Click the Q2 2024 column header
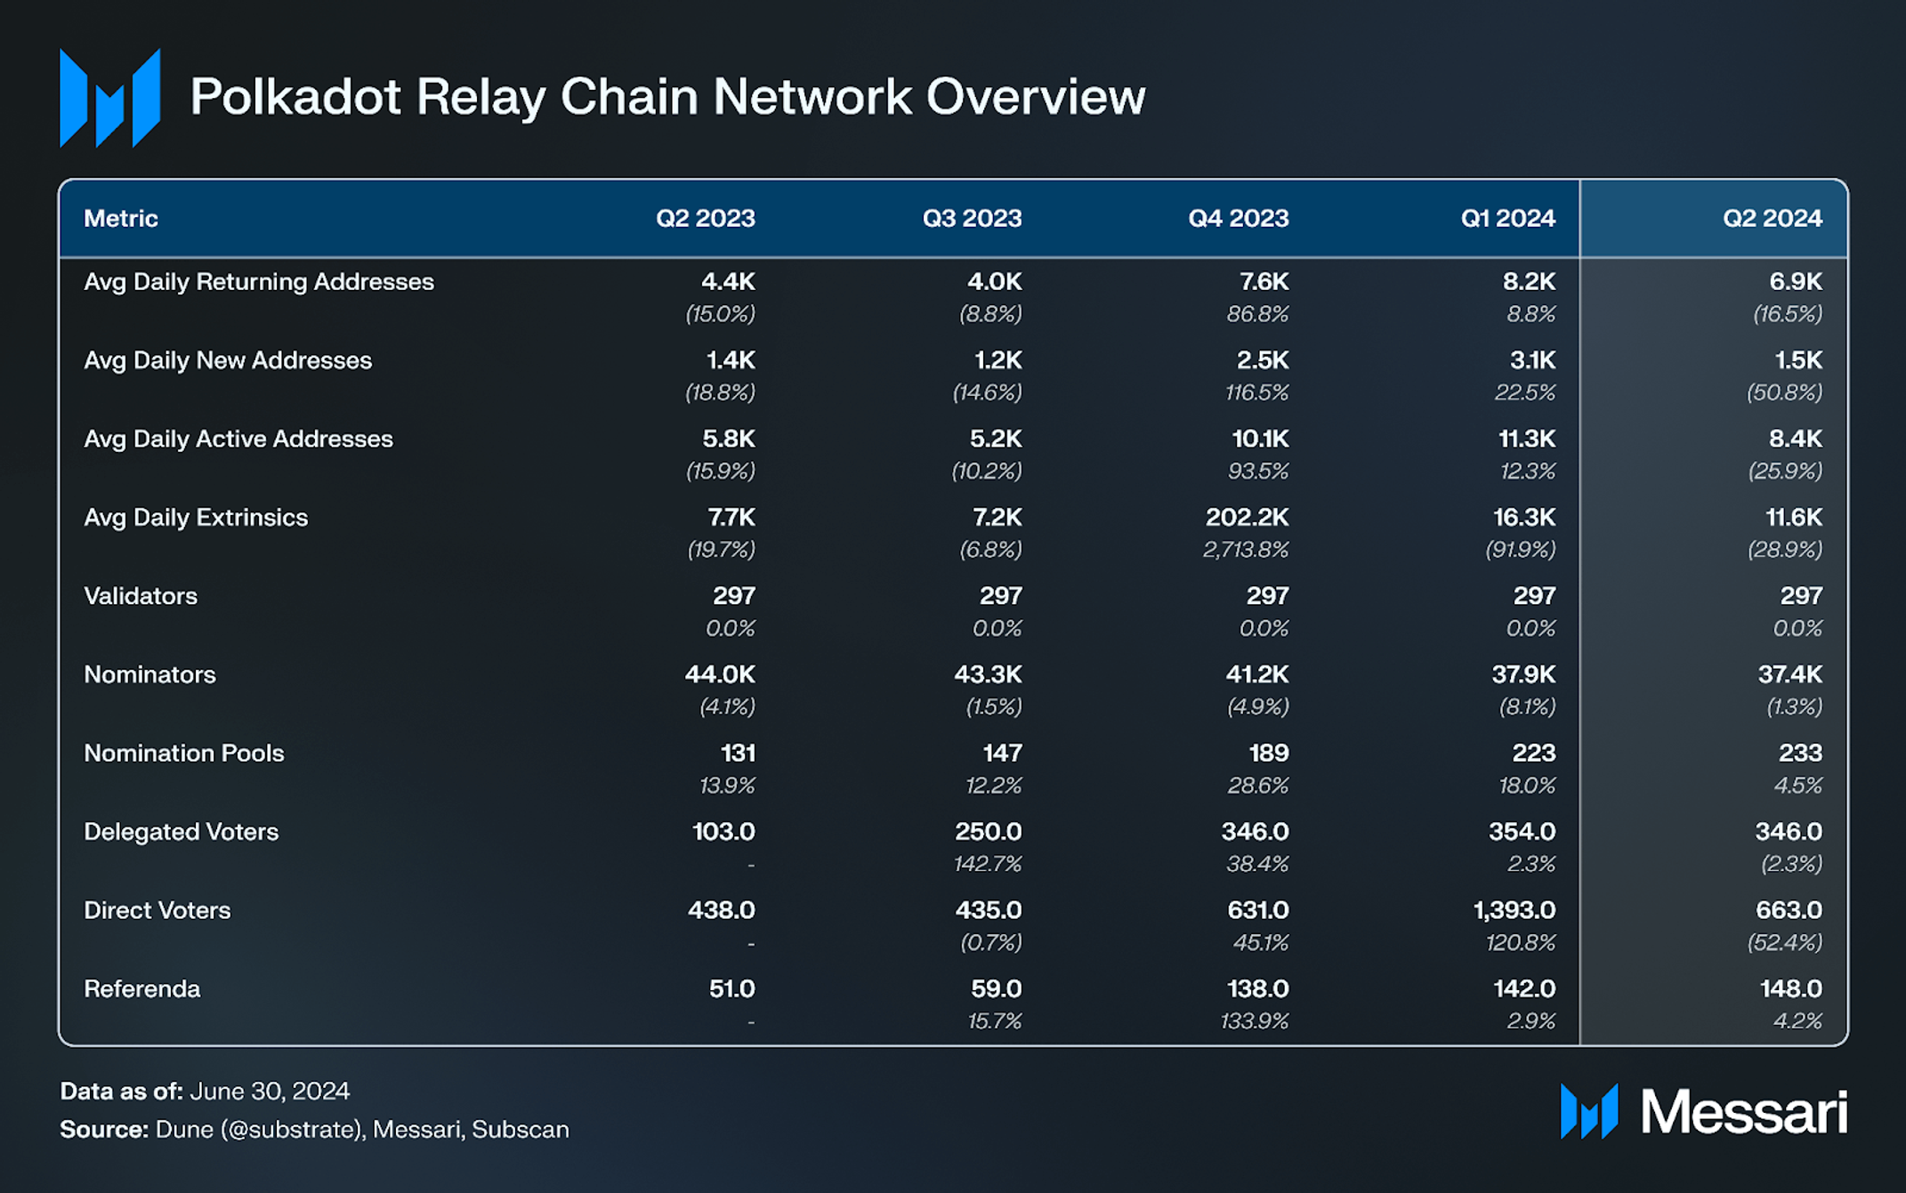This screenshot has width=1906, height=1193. click(1772, 218)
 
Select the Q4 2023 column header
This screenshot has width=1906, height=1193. click(1238, 218)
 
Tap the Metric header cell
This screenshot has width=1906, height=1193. click(121, 218)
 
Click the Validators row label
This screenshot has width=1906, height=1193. click(141, 596)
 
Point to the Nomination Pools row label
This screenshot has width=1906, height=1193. click(184, 754)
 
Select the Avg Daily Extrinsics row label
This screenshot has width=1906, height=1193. click(196, 518)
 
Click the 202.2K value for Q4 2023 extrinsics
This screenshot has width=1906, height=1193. click(1247, 518)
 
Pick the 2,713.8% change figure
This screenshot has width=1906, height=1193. click(1246, 550)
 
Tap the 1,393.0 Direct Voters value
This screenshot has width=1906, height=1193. click(1514, 910)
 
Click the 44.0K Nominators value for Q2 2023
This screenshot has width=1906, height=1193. click(720, 674)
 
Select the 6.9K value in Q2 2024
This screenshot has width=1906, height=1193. click(1796, 282)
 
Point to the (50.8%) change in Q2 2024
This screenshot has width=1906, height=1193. click(1784, 392)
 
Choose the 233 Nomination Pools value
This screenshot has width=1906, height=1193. click(1800, 754)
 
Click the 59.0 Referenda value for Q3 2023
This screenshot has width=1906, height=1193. click(996, 989)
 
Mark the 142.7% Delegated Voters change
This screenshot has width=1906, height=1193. click(988, 864)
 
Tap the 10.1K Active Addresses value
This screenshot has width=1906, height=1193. click(1260, 439)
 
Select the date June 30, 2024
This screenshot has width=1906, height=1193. click(270, 1092)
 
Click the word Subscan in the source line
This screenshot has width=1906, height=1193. click(521, 1130)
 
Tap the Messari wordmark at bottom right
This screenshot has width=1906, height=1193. click(1744, 1112)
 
